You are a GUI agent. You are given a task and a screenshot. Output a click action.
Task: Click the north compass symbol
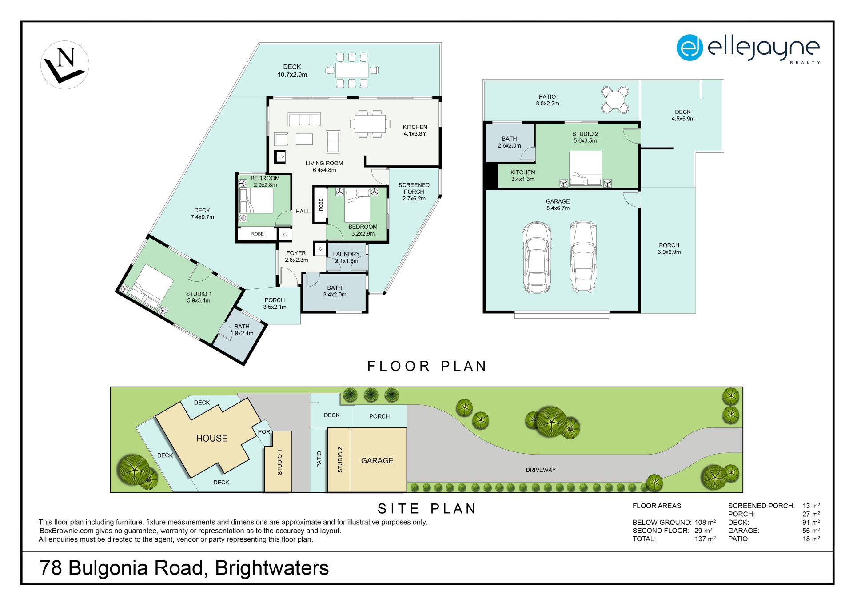65,65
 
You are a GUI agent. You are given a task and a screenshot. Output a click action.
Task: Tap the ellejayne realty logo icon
690,48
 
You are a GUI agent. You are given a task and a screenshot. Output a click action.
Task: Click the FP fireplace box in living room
281,157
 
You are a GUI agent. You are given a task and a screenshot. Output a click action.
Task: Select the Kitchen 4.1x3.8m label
415,130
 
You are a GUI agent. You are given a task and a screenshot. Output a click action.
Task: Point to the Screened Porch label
414,192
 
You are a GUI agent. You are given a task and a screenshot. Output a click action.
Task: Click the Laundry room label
347,257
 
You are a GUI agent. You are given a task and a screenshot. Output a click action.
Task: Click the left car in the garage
537,257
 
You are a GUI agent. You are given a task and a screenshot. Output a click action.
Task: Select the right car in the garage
583,257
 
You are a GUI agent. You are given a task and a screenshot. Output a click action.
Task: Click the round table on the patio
615,99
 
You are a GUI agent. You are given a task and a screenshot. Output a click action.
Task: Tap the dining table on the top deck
351,70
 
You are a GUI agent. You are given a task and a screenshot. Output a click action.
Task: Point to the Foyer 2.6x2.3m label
296,256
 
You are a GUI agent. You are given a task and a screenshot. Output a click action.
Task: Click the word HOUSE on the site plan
212,439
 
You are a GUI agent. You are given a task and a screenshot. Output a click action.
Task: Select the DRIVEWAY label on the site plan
541,470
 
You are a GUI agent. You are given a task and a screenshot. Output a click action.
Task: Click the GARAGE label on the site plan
377,461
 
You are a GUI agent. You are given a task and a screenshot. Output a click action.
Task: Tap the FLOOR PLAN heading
427,366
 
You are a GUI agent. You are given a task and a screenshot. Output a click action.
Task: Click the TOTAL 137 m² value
705,539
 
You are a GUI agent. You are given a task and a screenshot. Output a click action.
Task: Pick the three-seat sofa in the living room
304,119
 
